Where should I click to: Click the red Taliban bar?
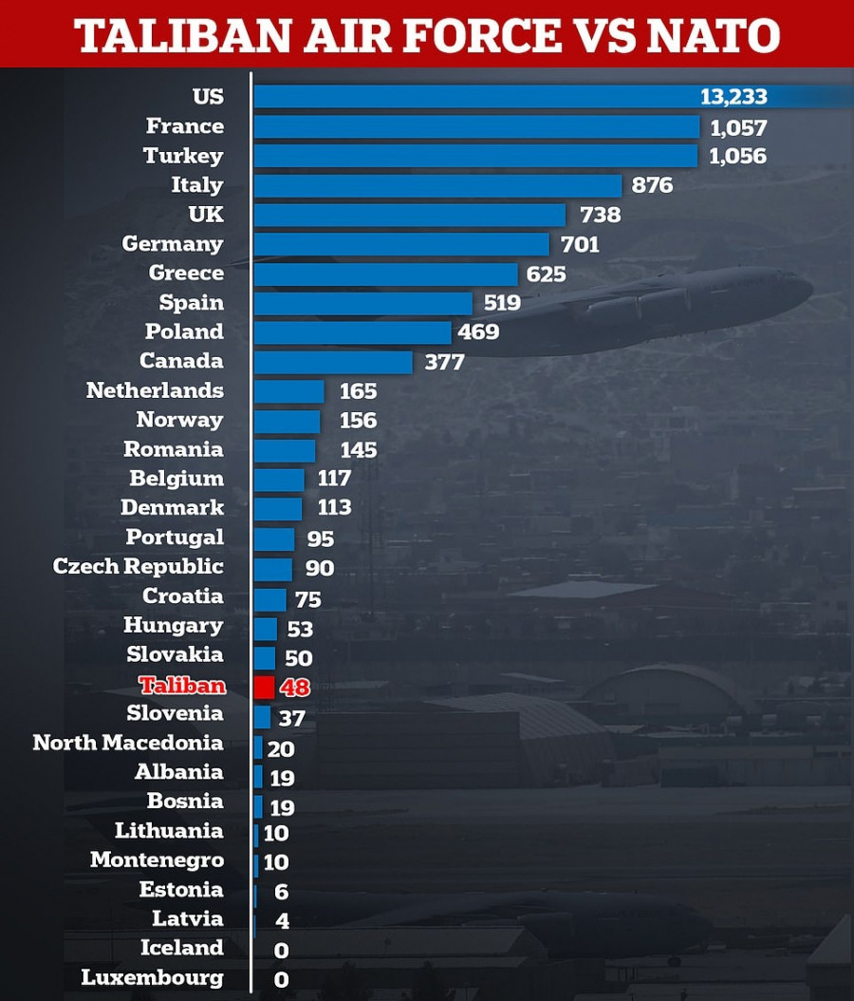click(x=264, y=686)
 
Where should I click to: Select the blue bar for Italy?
click(x=437, y=185)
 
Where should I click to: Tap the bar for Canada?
click(x=333, y=362)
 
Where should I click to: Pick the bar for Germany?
click(x=401, y=244)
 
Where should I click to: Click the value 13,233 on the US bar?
click(x=733, y=97)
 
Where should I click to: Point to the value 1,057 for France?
click(x=738, y=127)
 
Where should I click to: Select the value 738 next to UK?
click(x=600, y=215)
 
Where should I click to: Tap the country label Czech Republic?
click(x=139, y=567)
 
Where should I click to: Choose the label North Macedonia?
click(x=128, y=743)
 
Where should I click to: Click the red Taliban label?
click(x=182, y=685)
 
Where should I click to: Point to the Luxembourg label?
click(x=153, y=977)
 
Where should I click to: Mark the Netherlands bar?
click(x=288, y=391)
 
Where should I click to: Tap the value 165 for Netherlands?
click(x=357, y=391)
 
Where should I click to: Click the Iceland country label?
click(x=182, y=948)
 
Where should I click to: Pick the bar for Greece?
click(x=385, y=274)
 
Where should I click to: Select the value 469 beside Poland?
click(x=478, y=332)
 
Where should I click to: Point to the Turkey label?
click(x=183, y=156)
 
